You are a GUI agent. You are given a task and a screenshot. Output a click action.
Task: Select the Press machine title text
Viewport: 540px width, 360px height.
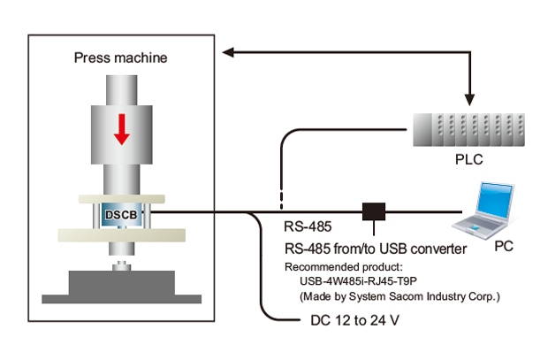click(x=121, y=58)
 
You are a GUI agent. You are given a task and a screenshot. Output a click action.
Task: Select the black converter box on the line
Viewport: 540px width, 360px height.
click(x=375, y=212)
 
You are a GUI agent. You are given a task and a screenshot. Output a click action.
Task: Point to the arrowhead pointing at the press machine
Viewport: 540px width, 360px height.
click(x=228, y=55)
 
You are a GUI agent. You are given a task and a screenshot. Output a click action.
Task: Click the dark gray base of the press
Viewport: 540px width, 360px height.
click(x=121, y=285)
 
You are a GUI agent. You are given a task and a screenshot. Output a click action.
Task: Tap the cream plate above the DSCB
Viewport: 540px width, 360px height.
click(x=121, y=199)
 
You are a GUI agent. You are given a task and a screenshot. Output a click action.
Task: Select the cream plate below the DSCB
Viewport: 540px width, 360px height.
click(x=121, y=234)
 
